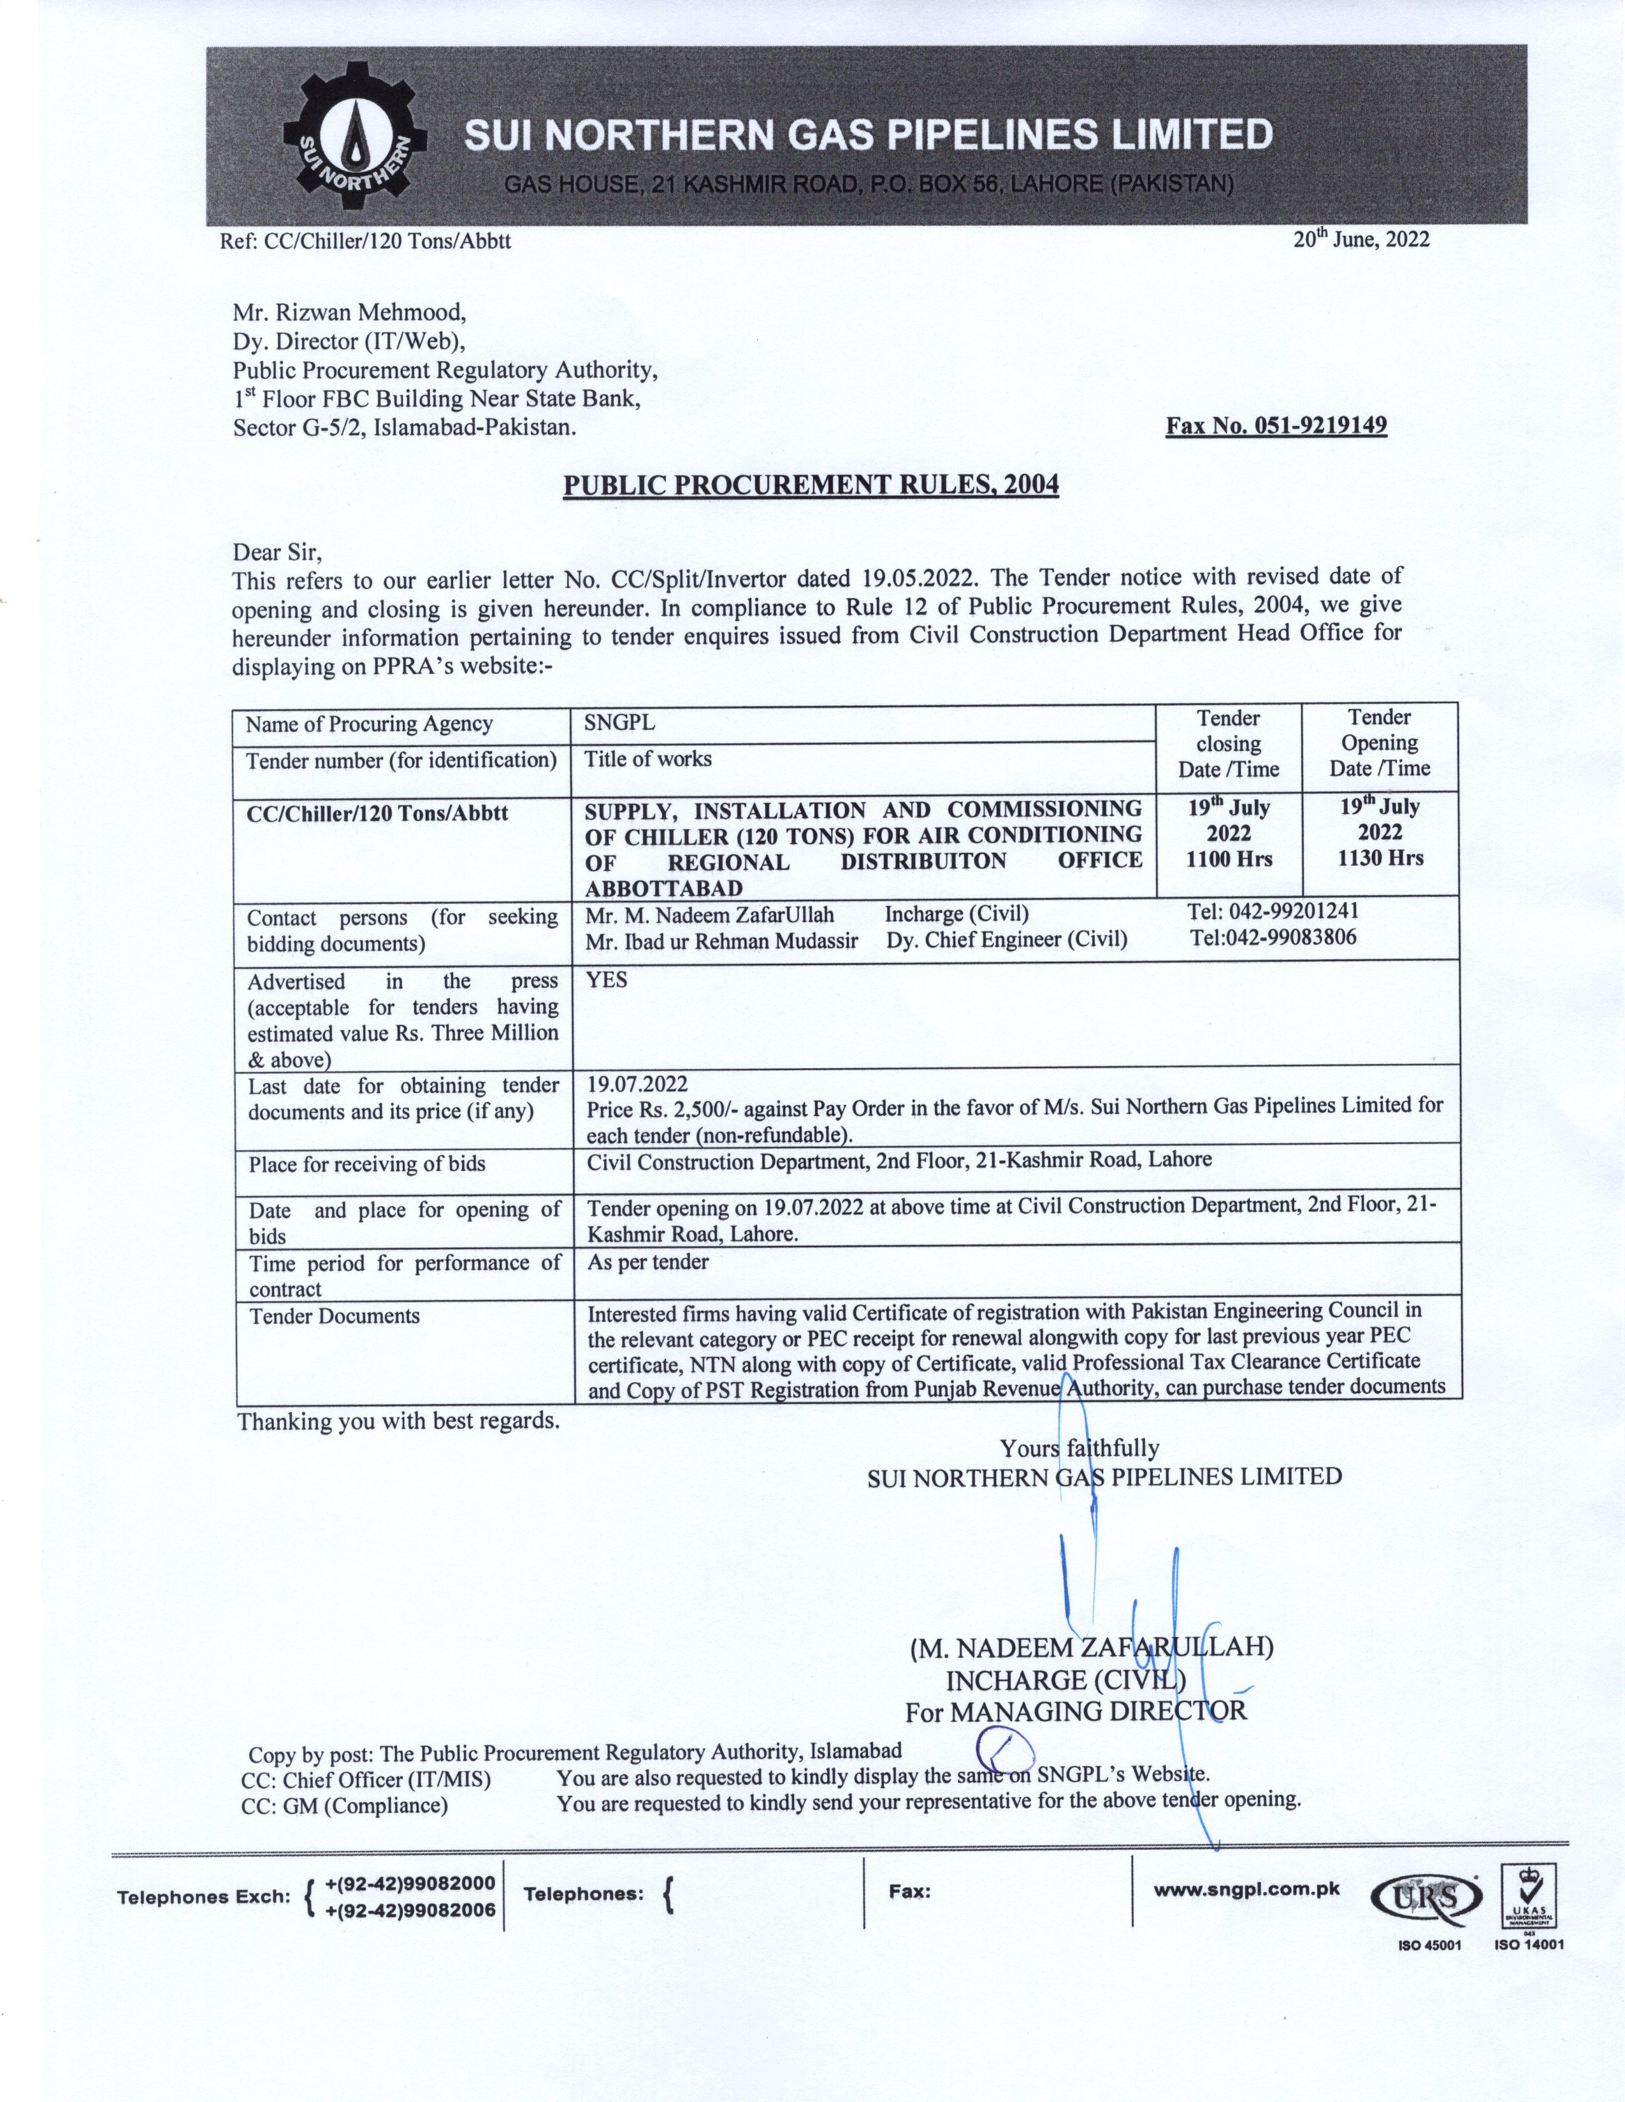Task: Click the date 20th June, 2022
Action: (1361, 240)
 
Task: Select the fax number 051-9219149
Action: (1276, 425)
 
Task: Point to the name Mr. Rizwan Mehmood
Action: (349, 312)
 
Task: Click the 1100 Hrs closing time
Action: (1229, 859)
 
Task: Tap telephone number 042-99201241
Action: (1273, 910)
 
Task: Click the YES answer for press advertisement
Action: (607, 980)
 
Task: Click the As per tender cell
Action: (648, 1262)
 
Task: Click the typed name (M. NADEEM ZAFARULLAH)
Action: (1091, 1647)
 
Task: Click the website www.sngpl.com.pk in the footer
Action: (1246, 1889)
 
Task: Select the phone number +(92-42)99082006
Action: (410, 1910)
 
